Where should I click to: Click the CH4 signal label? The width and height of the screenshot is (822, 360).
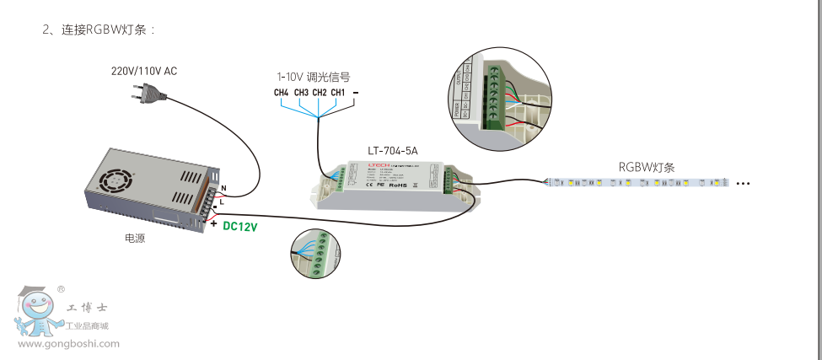(282, 93)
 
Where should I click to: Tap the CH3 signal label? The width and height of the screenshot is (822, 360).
(300, 93)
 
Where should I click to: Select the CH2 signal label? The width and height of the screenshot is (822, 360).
(319, 93)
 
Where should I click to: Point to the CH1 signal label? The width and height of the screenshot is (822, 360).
(337, 93)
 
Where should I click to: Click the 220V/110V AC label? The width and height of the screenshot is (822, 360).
(144, 71)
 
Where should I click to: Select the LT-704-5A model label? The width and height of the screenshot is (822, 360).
(393, 151)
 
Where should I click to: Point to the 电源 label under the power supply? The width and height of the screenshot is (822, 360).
(135, 239)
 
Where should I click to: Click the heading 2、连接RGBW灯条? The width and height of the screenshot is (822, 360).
(99, 30)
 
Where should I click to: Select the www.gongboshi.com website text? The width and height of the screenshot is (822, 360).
(68, 344)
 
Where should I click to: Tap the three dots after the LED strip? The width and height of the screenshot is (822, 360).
(743, 183)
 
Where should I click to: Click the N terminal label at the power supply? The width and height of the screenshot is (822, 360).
(223, 187)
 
